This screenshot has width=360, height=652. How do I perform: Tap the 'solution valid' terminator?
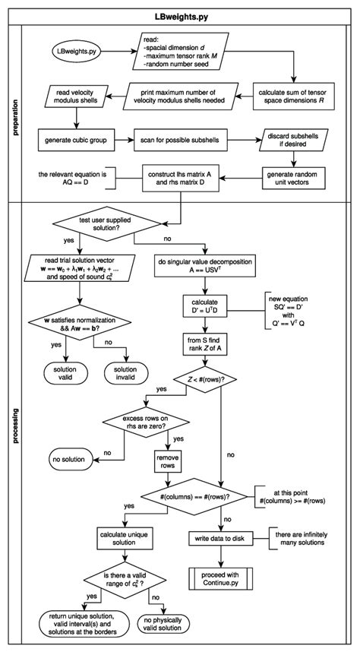(x=66, y=373)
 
